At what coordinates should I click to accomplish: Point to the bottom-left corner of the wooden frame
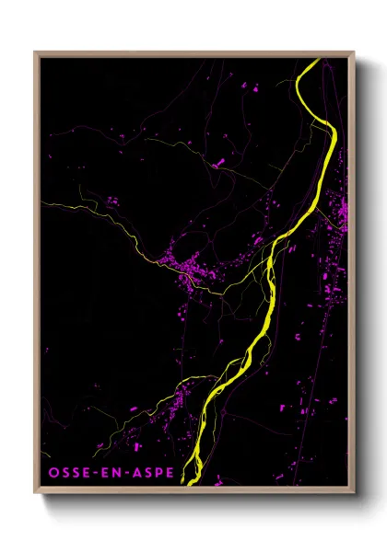(x=35, y=492)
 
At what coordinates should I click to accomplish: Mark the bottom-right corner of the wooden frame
(x=354, y=492)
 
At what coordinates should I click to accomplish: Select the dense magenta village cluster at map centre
(x=189, y=271)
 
